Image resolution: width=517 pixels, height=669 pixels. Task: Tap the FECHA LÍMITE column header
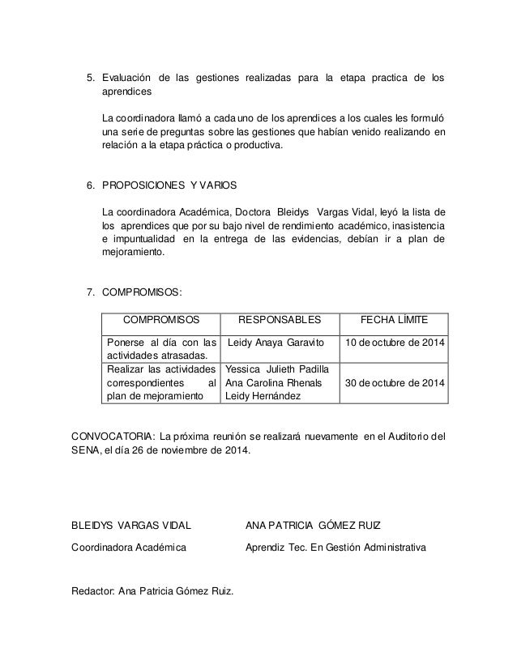pyautogui.click(x=395, y=320)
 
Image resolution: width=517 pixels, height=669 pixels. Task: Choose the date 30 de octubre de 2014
pyautogui.click(x=395, y=382)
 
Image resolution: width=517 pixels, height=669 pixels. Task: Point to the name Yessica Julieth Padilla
pyautogui.click(x=276, y=369)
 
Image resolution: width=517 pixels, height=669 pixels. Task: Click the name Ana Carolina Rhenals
pyautogui.click(x=274, y=382)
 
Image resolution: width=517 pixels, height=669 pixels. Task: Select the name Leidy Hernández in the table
pyautogui.click(x=263, y=396)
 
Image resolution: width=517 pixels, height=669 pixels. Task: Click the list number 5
pyautogui.click(x=91, y=79)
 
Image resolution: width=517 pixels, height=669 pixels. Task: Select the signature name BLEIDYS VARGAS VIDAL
pyautogui.click(x=131, y=526)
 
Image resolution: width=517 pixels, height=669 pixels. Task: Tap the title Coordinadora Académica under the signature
pyautogui.click(x=129, y=548)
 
